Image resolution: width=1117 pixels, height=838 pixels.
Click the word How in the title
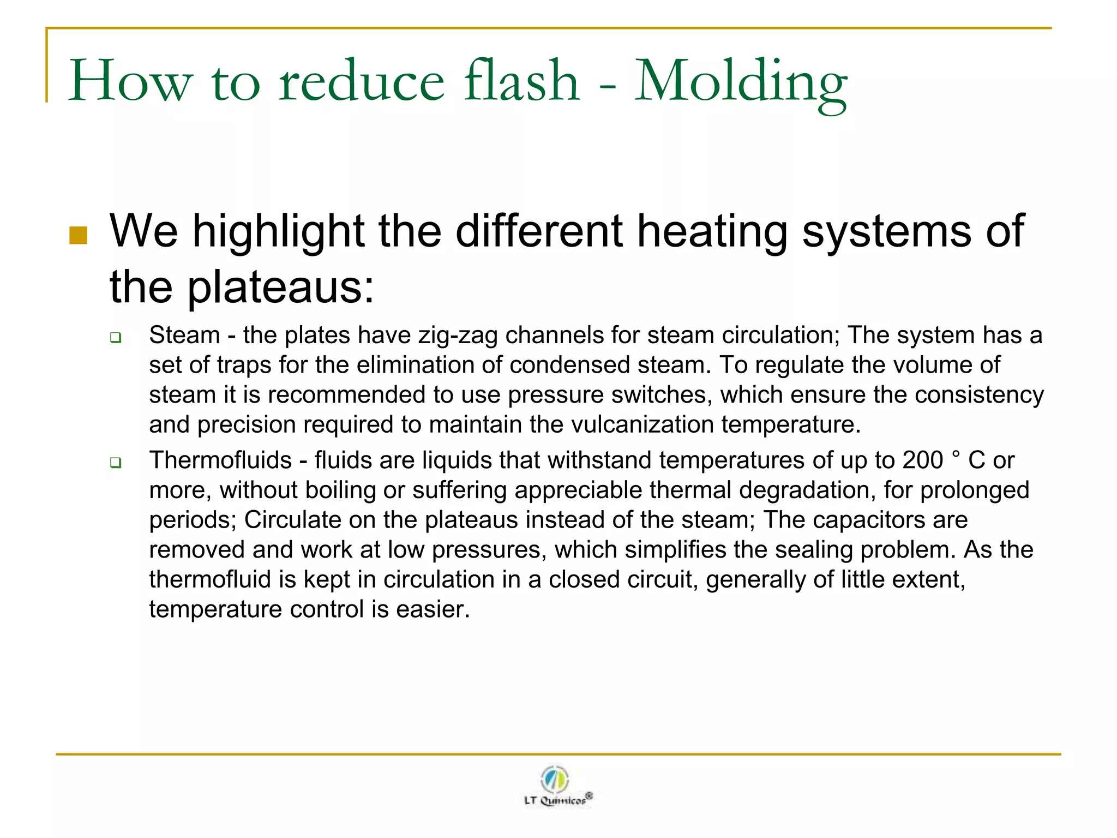(130, 82)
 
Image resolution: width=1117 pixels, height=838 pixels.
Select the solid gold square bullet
(79, 236)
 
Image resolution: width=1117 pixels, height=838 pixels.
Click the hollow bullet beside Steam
(115, 338)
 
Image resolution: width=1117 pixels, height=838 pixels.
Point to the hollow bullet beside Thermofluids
(115, 463)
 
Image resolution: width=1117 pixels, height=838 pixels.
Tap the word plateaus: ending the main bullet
(281, 288)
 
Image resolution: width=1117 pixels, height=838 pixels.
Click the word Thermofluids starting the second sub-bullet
(220, 460)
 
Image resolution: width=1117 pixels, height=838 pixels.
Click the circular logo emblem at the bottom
(555, 779)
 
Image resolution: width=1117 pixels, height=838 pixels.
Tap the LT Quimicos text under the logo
(556, 800)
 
